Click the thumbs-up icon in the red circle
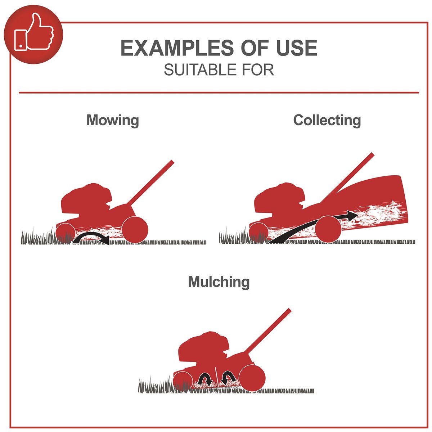(x=33, y=32)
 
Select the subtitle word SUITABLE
(x=200, y=70)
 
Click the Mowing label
(x=113, y=121)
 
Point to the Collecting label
(x=327, y=120)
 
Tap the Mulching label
(x=219, y=282)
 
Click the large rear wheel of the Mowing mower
(x=135, y=229)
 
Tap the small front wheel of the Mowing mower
(x=66, y=233)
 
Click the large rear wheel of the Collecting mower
(x=328, y=229)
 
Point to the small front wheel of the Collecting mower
(x=259, y=233)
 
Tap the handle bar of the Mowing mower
(x=150, y=183)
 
